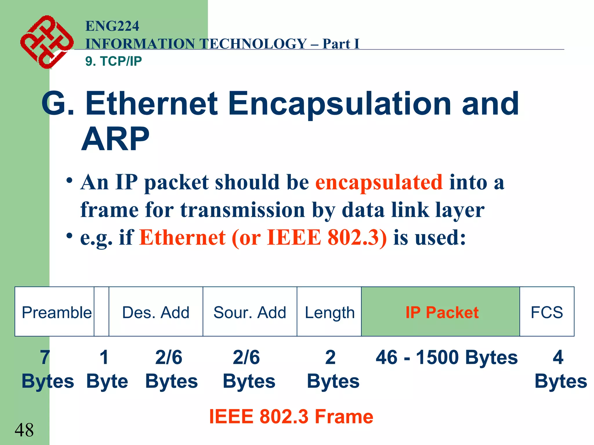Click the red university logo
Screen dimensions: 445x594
46,42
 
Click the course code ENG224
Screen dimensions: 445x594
112,26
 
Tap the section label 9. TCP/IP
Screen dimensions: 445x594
113,61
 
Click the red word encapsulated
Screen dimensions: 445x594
379,183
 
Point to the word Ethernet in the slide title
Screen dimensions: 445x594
151,103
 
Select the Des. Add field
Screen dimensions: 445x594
156,312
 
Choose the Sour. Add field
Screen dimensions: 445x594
250,312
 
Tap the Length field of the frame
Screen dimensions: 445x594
329,312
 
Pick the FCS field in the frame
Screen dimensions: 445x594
547,312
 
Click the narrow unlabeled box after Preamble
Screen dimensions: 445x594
102,312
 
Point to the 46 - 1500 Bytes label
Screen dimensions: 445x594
446,357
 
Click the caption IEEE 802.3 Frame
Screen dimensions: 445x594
291,417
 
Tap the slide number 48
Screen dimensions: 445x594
24,430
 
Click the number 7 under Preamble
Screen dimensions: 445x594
45,357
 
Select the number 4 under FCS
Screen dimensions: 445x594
558,357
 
